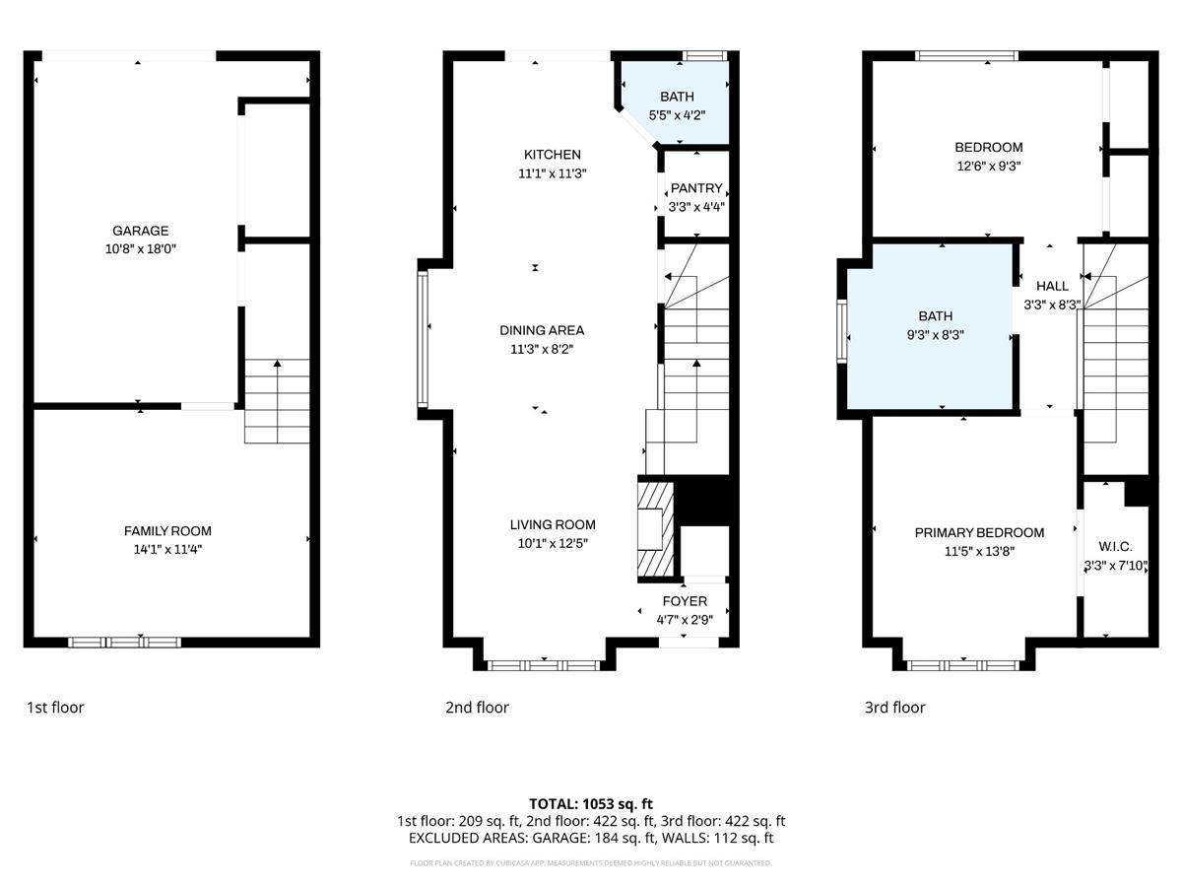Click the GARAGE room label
pos(140,231)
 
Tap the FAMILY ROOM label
pos(167,530)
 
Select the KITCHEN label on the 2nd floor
pos(552,155)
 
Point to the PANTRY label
pos(696,188)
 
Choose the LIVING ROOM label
pos(552,524)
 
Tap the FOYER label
pos(684,601)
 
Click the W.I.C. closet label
pos(1115,546)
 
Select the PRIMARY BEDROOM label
pos(979,532)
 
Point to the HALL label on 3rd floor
pos(1052,286)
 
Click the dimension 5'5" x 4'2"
pos(677,115)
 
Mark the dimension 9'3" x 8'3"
pos(935,335)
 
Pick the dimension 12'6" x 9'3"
pos(988,167)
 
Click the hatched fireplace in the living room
pos(656,527)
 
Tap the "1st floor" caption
pos(55,707)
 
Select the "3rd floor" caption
pos(894,707)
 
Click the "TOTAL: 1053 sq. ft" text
pos(591,803)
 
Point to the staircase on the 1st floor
pos(277,401)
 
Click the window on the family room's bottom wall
pos(125,643)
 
